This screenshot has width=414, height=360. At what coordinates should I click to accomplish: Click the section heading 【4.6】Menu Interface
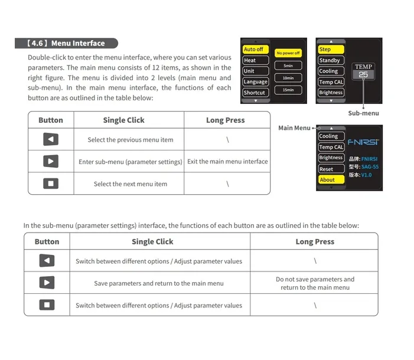click(x=66, y=43)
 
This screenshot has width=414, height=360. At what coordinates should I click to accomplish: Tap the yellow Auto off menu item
click(x=255, y=50)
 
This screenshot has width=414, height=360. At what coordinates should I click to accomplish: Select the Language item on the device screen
click(x=255, y=82)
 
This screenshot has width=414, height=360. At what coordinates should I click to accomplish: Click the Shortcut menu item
click(x=255, y=93)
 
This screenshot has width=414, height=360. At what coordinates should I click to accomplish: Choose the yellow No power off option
click(x=288, y=53)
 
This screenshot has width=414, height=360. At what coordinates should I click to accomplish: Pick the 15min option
click(x=288, y=90)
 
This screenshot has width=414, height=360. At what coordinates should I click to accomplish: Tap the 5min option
click(x=288, y=66)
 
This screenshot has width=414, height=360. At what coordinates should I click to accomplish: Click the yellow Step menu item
click(x=330, y=50)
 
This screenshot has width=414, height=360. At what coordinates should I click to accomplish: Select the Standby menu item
click(x=330, y=60)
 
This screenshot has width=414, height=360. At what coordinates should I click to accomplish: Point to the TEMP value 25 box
click(x=363, y=75)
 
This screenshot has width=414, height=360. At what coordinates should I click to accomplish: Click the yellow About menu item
click(x=330, y=179)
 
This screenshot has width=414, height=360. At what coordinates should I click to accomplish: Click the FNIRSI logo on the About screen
click(x=364, y=142)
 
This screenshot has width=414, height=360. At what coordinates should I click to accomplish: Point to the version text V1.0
click(x=367, y=175)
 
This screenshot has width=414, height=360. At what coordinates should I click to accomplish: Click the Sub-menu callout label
click(x=363, y=113)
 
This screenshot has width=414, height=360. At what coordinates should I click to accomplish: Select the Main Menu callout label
click(x=294, y=128)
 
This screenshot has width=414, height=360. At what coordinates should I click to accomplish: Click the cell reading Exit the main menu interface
click(x=227, y=162)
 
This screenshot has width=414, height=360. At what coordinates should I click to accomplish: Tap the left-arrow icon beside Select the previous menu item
click(x=51, y=140)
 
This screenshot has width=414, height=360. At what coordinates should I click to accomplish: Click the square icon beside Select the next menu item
click(x=51, y=184)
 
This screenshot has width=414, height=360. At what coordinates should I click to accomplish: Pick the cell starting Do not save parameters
click(x=315, y=283)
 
